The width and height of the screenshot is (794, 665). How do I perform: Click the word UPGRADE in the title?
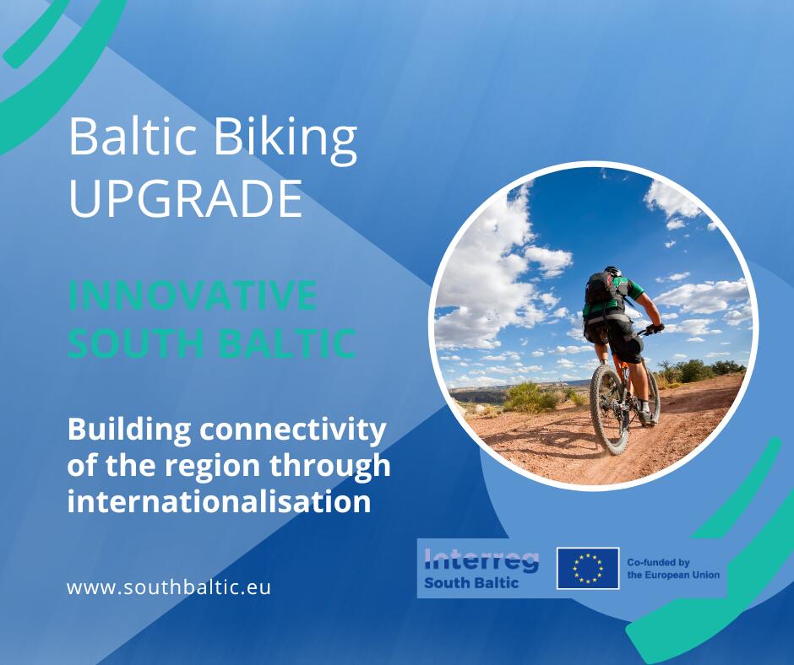(185, 198)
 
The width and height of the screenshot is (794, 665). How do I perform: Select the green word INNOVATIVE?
(193, 295)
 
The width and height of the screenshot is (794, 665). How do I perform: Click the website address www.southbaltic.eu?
(169, 587)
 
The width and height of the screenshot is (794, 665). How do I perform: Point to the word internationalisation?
(220, 501)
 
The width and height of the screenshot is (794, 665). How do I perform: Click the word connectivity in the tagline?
(293, 430)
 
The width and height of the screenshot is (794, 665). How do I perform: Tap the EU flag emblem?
(588, 568)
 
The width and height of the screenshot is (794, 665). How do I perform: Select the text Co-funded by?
(658, 562)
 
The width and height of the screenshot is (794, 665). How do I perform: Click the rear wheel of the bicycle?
(610, 409)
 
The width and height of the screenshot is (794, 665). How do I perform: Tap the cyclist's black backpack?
(601, 291)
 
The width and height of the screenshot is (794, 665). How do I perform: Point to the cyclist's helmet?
(612, 271)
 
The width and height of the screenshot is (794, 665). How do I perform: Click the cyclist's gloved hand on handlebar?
(655, 328)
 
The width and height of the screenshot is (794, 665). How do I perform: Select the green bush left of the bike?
(530, 397)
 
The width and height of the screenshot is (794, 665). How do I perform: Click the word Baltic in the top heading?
(133, 137)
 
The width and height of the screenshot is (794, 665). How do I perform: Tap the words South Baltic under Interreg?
(471, 582)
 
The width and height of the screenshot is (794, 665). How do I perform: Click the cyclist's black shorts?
(615, 337)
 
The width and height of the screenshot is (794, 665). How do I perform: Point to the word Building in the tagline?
(129, 430)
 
